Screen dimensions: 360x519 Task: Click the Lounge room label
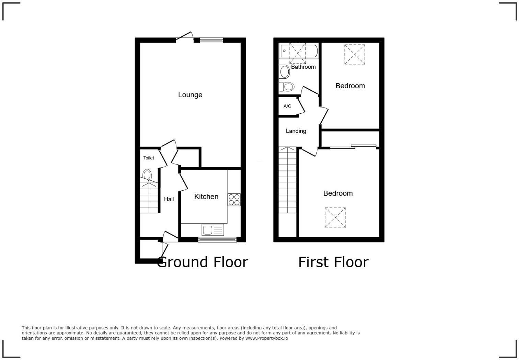(190, 95)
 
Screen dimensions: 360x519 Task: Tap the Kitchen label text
(206, 196)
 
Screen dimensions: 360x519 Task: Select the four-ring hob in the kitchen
(234, 200)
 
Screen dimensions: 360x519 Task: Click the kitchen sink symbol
(213, 229)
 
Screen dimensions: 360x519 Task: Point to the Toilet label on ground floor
(149, 158)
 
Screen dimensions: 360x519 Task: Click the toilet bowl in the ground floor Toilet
(147, 175)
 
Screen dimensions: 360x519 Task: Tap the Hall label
(169, 199)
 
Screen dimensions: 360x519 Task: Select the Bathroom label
(303, 67)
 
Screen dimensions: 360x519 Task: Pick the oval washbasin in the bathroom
(285, 72)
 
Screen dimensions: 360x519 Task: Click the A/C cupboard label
(287, 106)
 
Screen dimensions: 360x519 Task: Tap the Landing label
(296, 131)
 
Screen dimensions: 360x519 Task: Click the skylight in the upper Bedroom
(355, 54)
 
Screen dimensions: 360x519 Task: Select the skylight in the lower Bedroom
(335, 217)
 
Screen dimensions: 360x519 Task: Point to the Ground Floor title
(203, 262)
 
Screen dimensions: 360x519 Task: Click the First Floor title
(333, 262)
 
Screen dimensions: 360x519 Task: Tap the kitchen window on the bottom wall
(217, 239)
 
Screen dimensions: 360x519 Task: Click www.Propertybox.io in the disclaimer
(266, 338)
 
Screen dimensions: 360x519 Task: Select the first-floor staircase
(287, 180)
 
